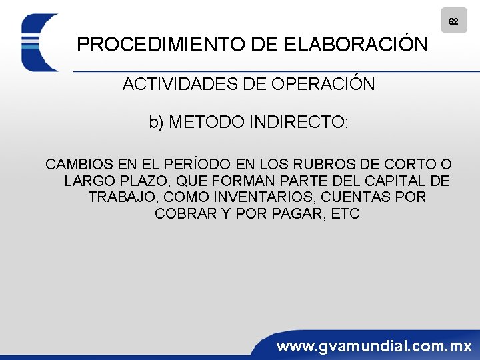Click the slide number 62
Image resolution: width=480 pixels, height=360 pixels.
tap(453, 21)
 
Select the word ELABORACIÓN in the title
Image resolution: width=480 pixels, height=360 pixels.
tap(356, 45)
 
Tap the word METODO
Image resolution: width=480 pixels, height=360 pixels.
tap(206, 123)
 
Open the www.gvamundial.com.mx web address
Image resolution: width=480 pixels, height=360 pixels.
tap(374, 346)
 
